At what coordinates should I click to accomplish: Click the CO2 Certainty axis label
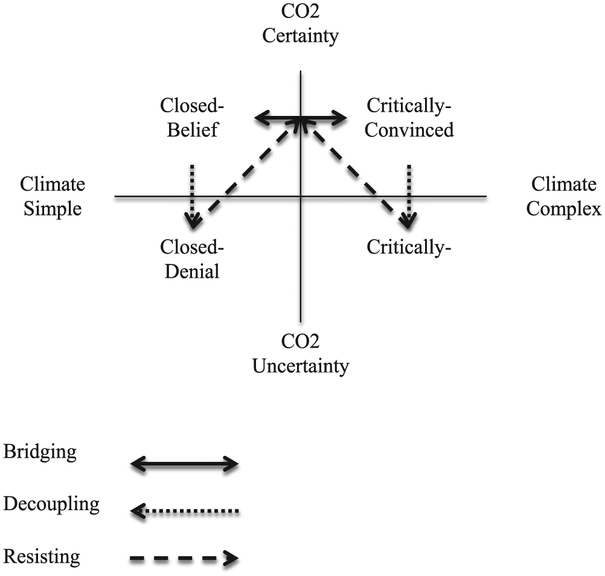301,24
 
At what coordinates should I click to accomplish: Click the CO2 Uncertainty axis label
301,354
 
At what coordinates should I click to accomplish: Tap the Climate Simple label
53,196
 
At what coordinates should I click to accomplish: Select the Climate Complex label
564,196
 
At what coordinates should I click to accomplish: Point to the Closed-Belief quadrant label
192,117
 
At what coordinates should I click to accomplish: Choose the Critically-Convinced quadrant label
409,117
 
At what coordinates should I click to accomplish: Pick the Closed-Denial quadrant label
192,259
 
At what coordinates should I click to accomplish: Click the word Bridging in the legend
40,452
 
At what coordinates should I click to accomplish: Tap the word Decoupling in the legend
51,504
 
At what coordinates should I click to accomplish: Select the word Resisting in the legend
42,556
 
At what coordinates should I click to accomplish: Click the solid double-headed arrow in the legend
184,464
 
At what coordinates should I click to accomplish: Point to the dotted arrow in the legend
184,511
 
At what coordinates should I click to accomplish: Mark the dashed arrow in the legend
184,558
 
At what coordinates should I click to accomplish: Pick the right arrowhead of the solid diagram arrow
339,118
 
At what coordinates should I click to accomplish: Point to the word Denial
192,271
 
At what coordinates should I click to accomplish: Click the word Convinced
409,130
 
